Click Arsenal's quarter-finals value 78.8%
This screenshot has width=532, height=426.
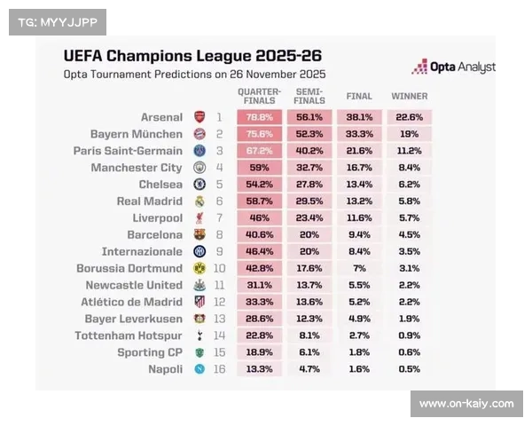pos(259,117)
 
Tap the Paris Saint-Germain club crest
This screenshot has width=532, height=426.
pos(199,151)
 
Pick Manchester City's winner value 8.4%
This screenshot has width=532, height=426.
pos(409,168)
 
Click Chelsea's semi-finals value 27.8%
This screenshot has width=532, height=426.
pos(309,185)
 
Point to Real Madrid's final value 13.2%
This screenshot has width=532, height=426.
pos(359,201)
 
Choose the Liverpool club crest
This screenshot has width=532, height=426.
pos(199,218)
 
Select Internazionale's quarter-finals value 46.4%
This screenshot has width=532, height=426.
pos(259,252)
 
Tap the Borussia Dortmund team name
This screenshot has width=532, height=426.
pos(129,269)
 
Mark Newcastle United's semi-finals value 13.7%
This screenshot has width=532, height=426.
pos(309,285)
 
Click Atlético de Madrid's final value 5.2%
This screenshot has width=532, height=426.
pos(359,302)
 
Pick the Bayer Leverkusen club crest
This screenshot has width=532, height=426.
pos(199,319)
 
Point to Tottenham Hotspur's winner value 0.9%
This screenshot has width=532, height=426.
pos(409,335)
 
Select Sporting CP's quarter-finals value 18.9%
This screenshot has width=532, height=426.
pos(259,352)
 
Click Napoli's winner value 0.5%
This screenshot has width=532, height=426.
pos(409,369)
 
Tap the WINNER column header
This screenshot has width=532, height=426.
pos(409,96)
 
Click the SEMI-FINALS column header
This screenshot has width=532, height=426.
pos(309,96)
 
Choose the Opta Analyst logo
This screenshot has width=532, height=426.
pos(453,67)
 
